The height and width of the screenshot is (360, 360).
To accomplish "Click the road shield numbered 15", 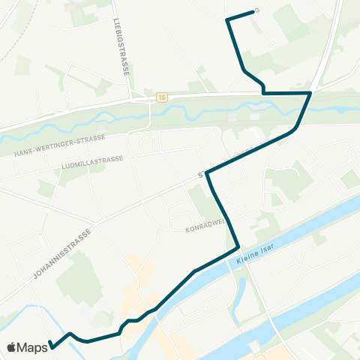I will tap(161, 97).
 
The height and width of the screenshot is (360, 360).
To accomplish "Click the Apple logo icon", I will tap(12, 347).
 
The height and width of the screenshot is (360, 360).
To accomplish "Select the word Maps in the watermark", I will tap(33, 347).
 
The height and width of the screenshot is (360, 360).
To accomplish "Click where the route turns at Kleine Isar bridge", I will tap(238, 247).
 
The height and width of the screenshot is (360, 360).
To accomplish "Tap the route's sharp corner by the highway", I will tap(310, 93).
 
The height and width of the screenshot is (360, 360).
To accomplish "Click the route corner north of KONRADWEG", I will tap(208, 173).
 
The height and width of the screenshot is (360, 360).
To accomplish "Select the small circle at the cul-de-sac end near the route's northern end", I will tap(257, 10).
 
